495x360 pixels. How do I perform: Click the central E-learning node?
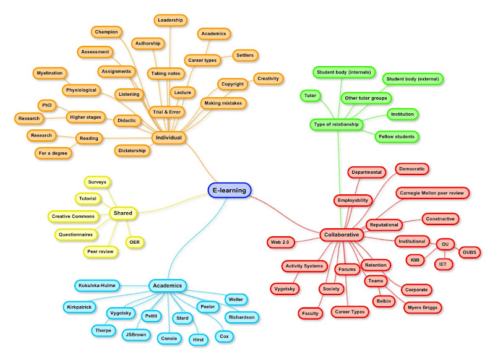[229, 191]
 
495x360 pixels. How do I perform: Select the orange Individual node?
[169, 137]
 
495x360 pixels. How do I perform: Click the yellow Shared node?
[123, 213]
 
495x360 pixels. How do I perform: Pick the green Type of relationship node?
[337, 125]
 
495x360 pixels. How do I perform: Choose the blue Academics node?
[168, 285]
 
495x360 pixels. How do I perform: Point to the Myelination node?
[49, 73]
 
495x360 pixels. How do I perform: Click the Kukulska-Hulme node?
[97, 286]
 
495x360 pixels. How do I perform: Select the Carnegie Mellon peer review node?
[433, 193]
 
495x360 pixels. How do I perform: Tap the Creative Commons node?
[73, 216]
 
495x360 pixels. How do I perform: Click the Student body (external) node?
[411, 79]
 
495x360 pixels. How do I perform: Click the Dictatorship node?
[133, 150]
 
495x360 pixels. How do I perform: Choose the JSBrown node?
[136, 335]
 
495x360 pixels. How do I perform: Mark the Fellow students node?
[397, 136]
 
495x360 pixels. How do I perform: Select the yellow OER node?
[134, 241]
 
